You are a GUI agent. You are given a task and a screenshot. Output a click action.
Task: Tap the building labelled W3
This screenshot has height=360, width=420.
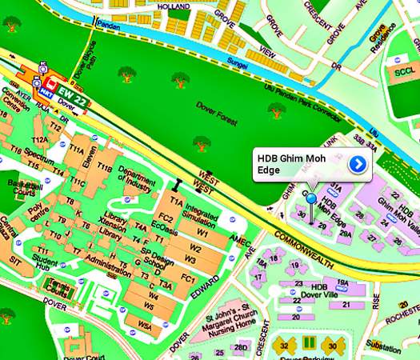190,258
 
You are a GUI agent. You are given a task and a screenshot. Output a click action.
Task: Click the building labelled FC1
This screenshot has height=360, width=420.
188,278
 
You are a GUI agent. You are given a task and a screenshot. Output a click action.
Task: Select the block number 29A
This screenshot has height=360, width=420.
345,235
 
